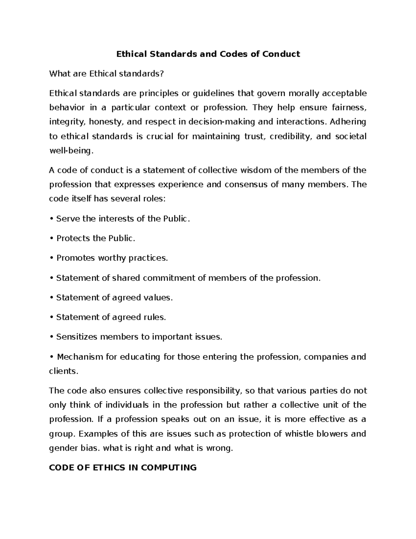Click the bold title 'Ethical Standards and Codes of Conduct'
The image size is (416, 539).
(208, 54)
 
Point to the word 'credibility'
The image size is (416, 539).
(291, 136)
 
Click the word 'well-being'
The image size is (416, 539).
(71, 151)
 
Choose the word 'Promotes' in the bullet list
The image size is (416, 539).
(76, 258)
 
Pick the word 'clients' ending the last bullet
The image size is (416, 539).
(63, 371)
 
